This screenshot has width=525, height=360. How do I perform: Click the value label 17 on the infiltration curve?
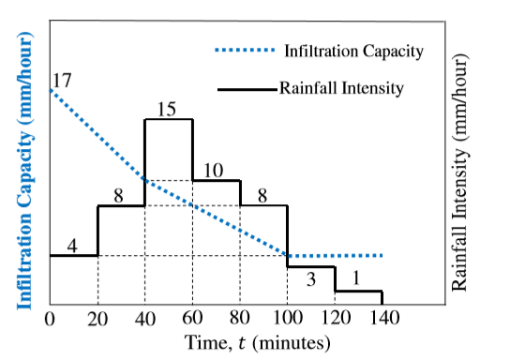point(62,80)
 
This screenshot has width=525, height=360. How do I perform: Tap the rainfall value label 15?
point(167,109)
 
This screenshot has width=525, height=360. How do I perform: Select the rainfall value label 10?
point(214,171)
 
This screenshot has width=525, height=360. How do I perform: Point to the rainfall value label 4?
point(72,247)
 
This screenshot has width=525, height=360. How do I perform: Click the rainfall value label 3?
point(311,279)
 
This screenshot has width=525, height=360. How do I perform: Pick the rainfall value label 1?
point(356,277)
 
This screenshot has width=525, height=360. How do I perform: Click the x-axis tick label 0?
point(50,319)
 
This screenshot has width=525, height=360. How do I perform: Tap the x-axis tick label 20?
point(97,319)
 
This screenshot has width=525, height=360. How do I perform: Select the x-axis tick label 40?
point(145,319)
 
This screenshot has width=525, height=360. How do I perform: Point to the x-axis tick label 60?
point(192,317)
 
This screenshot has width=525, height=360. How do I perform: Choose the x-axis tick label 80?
point(240,317)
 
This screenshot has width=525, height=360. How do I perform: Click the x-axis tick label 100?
point(288,317)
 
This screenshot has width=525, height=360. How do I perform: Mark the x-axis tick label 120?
point(336,317)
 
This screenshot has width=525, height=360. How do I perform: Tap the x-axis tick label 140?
point(384,317)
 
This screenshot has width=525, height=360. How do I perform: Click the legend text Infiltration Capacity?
point(354,52)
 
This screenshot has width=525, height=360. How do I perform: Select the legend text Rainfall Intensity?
point(341,88)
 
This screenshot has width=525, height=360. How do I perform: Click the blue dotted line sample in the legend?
point(245,51)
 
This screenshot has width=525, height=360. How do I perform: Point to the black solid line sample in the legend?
point(247,89)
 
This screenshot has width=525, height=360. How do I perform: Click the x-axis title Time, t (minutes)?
point(257,342)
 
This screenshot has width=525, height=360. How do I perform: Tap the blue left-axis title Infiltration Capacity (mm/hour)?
point(24,171)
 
